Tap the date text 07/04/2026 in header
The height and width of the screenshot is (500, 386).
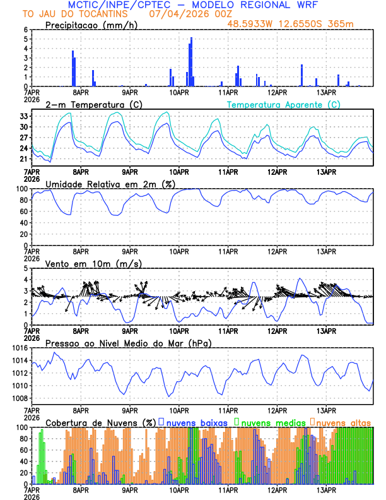click(175, 14)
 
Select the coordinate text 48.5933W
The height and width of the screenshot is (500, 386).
click(251, 24)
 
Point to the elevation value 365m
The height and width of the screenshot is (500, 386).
click(341, 24)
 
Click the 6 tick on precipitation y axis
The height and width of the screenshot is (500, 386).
click(25, 30)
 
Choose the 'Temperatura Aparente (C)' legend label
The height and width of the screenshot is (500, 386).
click(283, 104)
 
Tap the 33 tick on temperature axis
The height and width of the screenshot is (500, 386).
click(24, 116)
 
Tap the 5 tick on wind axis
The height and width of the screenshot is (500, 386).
click(25, 268)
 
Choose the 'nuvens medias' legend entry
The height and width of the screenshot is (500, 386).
click(269, 422)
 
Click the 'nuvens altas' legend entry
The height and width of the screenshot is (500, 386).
click(344, 422)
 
